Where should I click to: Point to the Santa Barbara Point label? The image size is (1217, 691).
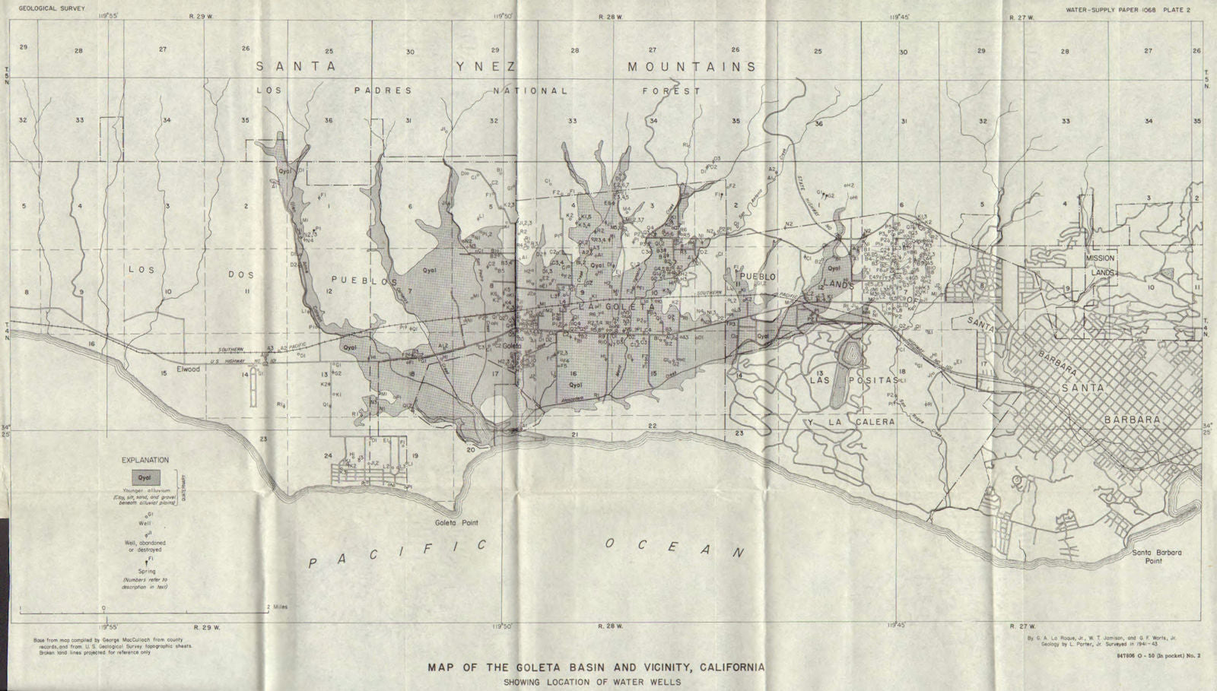click(x=1156, y=556)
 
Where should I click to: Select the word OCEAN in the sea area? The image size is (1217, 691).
click(x=673, y=547)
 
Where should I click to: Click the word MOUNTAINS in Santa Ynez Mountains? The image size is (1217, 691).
click(x=691, y=67)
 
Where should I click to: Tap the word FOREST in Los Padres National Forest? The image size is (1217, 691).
click(x=672, y=90)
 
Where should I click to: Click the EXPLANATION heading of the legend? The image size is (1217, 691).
click(x=145, y=460)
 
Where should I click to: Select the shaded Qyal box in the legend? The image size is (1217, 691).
click(x=145, y=477)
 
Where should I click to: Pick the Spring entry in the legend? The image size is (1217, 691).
click(x=147, y=571)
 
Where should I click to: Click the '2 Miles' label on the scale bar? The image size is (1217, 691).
click(x=277, y=607)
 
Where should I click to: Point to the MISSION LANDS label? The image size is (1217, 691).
click(x=1100, y=265)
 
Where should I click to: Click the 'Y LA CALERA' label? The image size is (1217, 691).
click(x=852, y=421)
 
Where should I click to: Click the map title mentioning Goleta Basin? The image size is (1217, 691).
click(x=596, y=668)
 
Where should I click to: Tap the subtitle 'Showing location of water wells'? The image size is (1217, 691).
click(x=592, y=682)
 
